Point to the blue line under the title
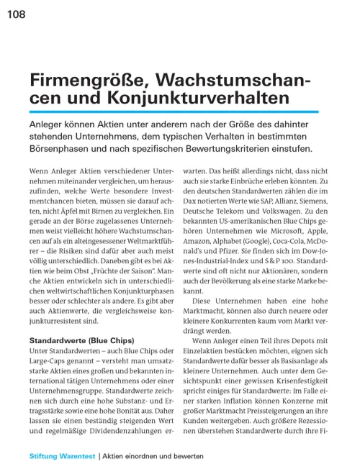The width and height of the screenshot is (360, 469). coord(174,111)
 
